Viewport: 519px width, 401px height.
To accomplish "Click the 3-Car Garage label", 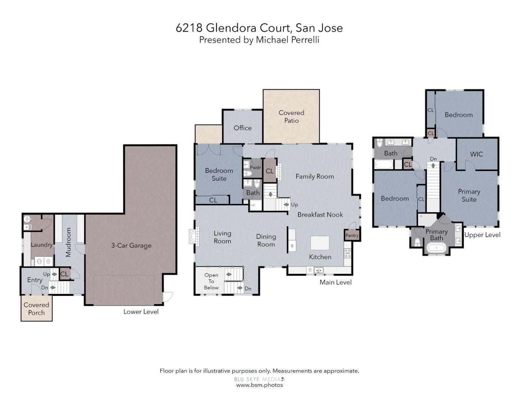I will [131, 245].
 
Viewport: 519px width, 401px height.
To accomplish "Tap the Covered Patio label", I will [291, 117].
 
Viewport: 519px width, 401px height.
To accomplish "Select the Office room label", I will [242, 128].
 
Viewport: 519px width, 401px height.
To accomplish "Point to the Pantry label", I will [352, 235].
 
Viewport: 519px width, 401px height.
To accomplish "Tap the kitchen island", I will [320, 243].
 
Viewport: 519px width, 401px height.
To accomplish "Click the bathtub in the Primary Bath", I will [436, 247].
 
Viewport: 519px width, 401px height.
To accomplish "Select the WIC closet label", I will [476, 154].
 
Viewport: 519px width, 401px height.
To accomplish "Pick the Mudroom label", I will [68, 242].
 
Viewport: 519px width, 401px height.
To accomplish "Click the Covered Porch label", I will [36, 309].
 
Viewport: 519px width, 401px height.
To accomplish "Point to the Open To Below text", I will [211, 281].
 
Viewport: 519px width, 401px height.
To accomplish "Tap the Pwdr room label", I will [255, 167].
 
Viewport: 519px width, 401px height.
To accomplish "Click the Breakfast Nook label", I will [320, 215].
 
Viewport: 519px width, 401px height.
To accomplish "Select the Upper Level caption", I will [482, 235].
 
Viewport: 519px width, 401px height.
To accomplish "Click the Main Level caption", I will [336, 282].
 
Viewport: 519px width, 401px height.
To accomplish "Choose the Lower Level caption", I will [141, 312].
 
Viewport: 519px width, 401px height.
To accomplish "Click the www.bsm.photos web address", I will [259, 385].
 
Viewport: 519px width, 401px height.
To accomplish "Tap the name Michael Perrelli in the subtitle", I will [287, 40].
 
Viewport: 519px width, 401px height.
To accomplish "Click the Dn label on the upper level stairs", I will [433, 159].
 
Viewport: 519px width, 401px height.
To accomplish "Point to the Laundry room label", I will [41, 245].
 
